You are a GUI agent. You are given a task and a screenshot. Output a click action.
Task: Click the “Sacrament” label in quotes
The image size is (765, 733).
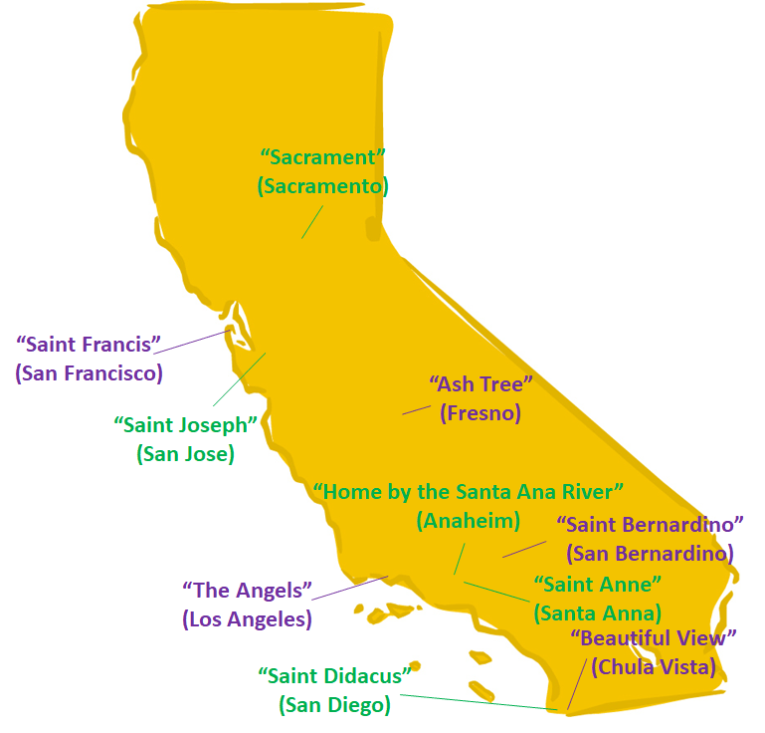322,157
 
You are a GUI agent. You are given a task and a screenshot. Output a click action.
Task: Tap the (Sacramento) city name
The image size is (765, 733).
322,186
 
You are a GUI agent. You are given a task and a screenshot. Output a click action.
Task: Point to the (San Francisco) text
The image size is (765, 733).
89,373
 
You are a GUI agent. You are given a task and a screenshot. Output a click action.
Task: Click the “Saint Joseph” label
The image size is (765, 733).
186,425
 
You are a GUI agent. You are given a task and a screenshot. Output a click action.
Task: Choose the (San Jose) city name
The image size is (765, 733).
185,454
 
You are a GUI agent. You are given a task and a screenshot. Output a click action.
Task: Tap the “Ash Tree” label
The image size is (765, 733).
481,384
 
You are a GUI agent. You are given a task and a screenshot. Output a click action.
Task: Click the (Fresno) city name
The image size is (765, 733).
480,412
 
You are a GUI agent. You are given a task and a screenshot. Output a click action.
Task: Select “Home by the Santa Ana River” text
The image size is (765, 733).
468,492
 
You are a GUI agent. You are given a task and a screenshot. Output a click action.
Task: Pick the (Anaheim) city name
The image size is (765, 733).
468,520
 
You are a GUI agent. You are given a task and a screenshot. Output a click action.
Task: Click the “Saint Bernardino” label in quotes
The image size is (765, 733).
651,524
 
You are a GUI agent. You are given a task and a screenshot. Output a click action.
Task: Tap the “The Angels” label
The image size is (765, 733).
248,590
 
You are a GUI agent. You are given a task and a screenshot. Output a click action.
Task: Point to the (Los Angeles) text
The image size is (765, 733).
247,618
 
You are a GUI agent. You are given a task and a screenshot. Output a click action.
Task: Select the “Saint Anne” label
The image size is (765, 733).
597,584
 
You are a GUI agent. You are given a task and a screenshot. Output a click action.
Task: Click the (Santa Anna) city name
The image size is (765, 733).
597,612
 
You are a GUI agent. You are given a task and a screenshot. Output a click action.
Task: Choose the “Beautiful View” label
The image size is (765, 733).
653,638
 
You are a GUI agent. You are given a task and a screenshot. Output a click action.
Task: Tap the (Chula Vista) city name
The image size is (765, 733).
653,667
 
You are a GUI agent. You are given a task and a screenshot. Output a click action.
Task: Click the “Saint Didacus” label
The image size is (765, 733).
334,676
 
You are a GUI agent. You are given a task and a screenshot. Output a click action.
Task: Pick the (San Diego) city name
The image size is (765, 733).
334,705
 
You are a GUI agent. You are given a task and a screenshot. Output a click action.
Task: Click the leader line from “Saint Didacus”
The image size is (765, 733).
478,702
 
